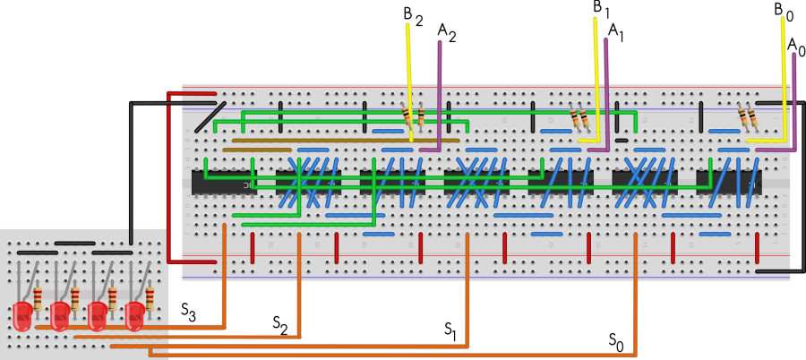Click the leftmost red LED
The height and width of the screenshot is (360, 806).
[22, 315]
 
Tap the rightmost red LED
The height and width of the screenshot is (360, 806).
[134, 315]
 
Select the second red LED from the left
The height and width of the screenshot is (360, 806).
[60, 315]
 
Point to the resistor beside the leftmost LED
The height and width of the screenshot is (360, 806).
[38, 298]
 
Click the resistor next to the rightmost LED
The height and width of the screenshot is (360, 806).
[150, 298]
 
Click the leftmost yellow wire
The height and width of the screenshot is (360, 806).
[409, 81]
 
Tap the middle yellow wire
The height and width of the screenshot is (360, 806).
[596, 81]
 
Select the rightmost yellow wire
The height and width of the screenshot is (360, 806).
[784, 81]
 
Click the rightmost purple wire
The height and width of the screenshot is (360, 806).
[793, 99]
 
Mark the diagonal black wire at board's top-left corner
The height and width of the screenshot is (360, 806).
[210, 116]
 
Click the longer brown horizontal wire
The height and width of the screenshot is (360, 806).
[345, 141]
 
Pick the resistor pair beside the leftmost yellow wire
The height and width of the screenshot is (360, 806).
[414, 116]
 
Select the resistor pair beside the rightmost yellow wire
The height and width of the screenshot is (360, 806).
[748, 117]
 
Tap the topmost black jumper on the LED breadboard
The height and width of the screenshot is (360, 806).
[74, 243]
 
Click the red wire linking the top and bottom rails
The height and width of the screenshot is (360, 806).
[168, 179]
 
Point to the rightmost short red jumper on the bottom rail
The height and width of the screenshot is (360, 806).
[757, 248]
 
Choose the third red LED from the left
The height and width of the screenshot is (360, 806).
[98, 315]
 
